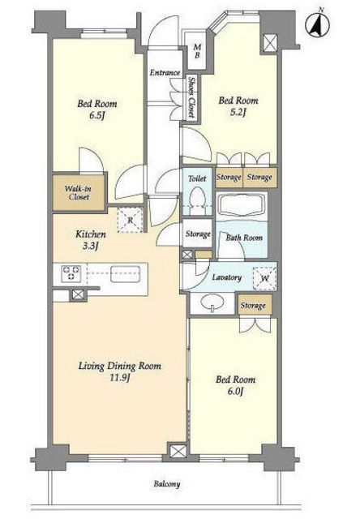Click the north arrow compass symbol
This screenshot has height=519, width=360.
pyautogui.click(x=318, y=25)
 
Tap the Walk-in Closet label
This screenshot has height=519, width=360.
pyautogui.click(x=78, y=193)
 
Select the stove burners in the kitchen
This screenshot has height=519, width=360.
pyautogui.click(x=71, y=273)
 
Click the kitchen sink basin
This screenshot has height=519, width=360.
pyautogui.click(x=126, y=274)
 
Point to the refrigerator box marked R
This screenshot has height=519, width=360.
pyautogui.click(x=131, y=220)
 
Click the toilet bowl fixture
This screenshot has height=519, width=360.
pyautogui.click(x=198, y=199)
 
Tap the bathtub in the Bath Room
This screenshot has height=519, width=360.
pyautogui.click(x=242, y=204)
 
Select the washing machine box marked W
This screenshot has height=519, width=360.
pyautogui.click(x=264, y=278)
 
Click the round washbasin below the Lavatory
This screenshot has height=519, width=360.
pyautogui.click(x=212, y=303)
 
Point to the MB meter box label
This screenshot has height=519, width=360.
pyautogui.click(x=197, y=51)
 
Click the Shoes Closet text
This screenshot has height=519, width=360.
pyautogui.click(x=191, y=97)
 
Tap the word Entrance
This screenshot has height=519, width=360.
pyautogui.click(x=165, y=72)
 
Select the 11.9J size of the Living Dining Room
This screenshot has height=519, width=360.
pyautogui.click(x=119, y=378)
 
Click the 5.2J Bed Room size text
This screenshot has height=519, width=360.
pyautogui.click(x=238, y=113)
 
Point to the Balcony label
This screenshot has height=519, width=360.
pyautogui.click(x=167, y=484)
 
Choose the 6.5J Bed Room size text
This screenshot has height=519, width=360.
pyautogui.click(x=97, y=116)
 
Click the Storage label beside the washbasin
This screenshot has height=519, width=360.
pyautogui.click(x=253, y=305)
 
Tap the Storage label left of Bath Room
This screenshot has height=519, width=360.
pyautogui.click(x=198, y=234)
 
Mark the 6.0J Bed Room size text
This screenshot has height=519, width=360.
pyautogui.click(x=235, y=392)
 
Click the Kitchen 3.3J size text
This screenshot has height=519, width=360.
pyautogui.click(x=90, y=247)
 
